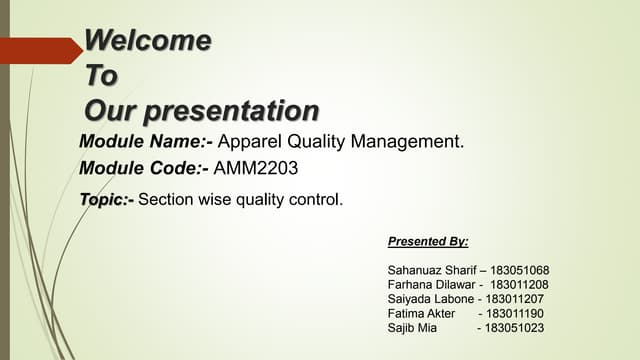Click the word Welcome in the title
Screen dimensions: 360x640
tap(148, 41)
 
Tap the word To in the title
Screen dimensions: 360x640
tap(101, 76)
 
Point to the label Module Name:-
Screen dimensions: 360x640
tap(145, 141)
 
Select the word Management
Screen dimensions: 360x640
tap(409, 141)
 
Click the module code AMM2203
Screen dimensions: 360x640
tap(256, 168)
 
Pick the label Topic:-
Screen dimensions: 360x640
tap(106, 199)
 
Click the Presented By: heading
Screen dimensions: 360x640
tap(427, 242)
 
